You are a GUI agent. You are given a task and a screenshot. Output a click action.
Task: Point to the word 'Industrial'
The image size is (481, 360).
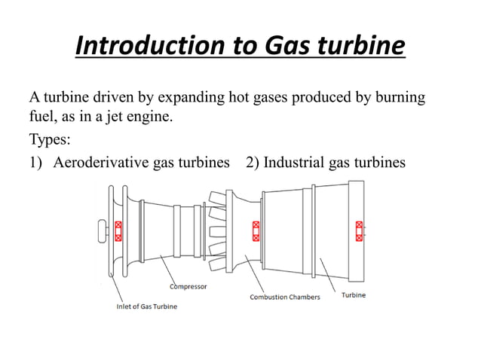[296, 163]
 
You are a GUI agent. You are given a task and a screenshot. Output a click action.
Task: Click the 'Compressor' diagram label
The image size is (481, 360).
[188, 286]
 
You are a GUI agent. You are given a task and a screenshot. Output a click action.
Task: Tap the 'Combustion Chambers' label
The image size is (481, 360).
[285, 297]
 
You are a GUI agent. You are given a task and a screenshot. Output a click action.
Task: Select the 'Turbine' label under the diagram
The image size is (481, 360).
[354, 294]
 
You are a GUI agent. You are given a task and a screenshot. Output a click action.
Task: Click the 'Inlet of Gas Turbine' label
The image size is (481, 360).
[147, 307]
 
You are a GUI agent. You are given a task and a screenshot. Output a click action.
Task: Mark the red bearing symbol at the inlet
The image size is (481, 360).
[118, 230]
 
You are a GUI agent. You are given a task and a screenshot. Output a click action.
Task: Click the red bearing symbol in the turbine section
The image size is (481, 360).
[359, 230]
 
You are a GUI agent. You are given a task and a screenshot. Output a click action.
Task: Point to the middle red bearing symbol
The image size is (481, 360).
[256, 230]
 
